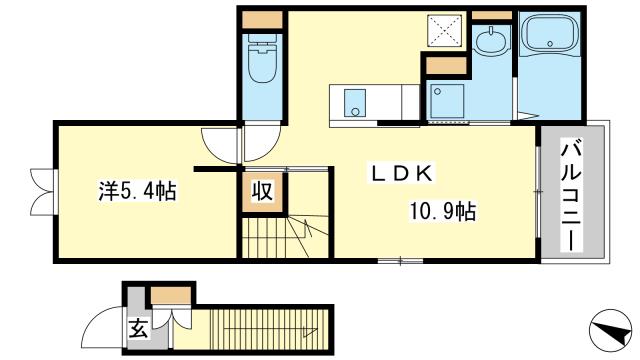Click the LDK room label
click(402, 174)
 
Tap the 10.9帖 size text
click(442, 211)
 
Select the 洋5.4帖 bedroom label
click(138, 191)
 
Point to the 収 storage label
click(262, 191)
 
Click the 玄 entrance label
click(138, 329)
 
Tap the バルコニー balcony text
click(572, 195)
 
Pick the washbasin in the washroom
click(492, 43)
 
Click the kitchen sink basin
click(354, 103)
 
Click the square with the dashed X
click(444, 30)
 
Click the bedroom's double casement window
click(43, 191)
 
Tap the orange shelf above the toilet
click(262, 20)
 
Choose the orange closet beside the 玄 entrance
click(171, 296)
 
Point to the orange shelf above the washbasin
click(491, 16)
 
